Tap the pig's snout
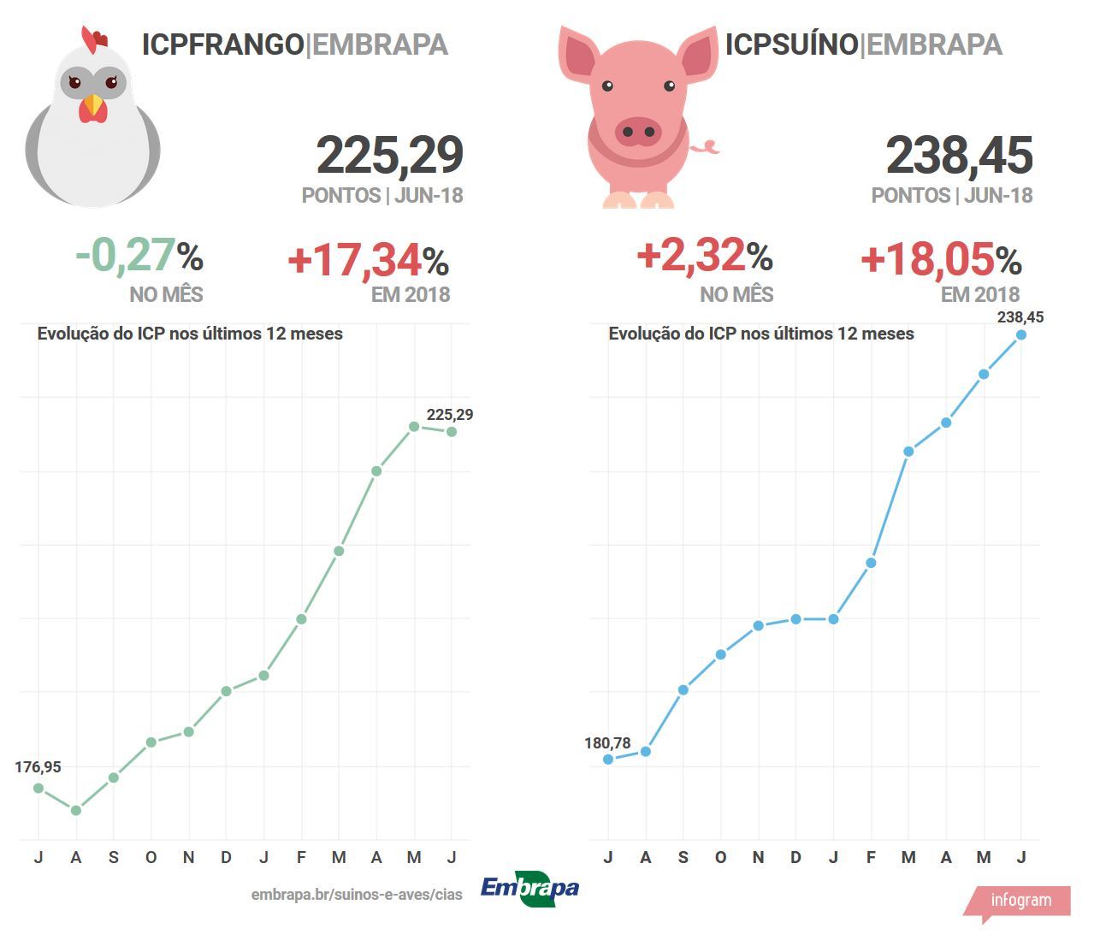point(637,132)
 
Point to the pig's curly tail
point(705,148)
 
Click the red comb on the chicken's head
point(93,38)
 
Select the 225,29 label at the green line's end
point(449,415)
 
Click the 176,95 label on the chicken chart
point(38,767)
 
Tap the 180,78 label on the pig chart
point(607,743)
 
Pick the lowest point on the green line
point(76,810)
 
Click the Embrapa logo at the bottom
point(529,889)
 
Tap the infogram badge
point(1020,901)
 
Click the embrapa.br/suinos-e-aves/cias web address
point(357,895)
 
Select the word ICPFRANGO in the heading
point(222,44)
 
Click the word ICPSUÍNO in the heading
point(791,44)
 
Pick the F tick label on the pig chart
point(871,857)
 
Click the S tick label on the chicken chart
point(113,857)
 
